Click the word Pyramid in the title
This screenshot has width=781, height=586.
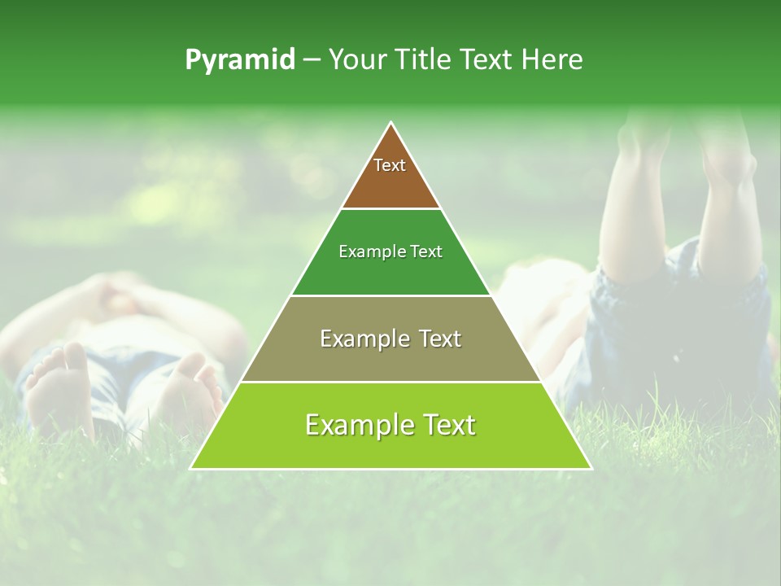click(x=240, y=60)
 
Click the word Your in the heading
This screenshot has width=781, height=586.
click(x=357, y=60)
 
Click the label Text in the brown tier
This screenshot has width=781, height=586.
click(x=390, y=165)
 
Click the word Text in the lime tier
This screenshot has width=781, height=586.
click(x=446, y=425)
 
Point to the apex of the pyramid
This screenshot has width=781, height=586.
click(x=391, y=123)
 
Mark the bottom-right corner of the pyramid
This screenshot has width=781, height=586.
click(x=591, y=468)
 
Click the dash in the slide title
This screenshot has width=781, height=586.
click(x=312, y=60)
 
